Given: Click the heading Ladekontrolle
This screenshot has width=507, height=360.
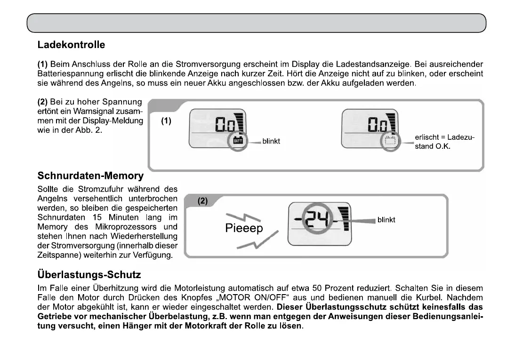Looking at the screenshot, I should pos(71,45).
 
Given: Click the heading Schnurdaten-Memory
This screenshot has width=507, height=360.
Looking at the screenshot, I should pos(90,176).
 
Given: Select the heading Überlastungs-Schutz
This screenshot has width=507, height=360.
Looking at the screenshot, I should pos(89,274).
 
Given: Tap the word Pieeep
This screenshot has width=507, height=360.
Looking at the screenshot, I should pos(244,229).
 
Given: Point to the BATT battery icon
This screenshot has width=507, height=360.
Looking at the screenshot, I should pos(238,140).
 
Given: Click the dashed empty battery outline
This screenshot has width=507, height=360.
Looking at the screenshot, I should pos(389,140).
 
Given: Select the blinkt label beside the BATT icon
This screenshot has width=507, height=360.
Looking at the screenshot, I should pos(271,141).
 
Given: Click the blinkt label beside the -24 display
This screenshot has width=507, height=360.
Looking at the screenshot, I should pos(386,220).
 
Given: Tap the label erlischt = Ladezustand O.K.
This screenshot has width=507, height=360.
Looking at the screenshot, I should pos(444,142).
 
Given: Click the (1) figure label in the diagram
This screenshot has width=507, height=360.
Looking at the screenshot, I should pos(166,121).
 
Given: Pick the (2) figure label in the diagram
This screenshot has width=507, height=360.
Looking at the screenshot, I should pos(202,201).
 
